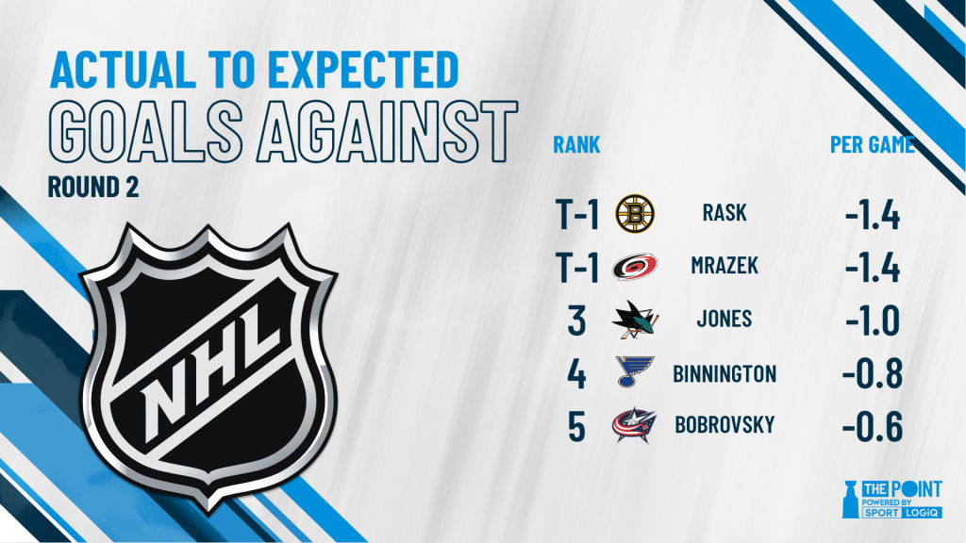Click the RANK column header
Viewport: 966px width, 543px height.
[576, 144]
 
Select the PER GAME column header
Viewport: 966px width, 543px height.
[872, 144]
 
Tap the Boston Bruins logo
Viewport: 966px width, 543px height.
[635, 214]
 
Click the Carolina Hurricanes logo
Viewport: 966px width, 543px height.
[635, 267]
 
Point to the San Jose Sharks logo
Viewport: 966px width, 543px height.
[635, 320]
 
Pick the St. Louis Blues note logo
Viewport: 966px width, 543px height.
[635, 371]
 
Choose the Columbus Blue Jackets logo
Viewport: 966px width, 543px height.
[635, 425]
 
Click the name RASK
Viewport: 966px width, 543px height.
[724, 213]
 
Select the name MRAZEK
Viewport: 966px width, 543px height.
[724, 266]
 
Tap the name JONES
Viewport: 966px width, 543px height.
[724, 319]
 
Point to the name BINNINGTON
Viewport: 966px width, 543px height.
[724, 373]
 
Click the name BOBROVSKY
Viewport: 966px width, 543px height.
[724, 425]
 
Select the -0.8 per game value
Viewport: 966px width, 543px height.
[873, 373]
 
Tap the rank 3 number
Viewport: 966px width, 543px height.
[576, 321]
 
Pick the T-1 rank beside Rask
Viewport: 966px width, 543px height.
[576, 215]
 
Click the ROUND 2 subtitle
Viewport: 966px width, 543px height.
[93, 188]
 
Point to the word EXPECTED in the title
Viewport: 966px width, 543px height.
[363, 69]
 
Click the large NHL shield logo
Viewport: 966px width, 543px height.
[209, 367]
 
